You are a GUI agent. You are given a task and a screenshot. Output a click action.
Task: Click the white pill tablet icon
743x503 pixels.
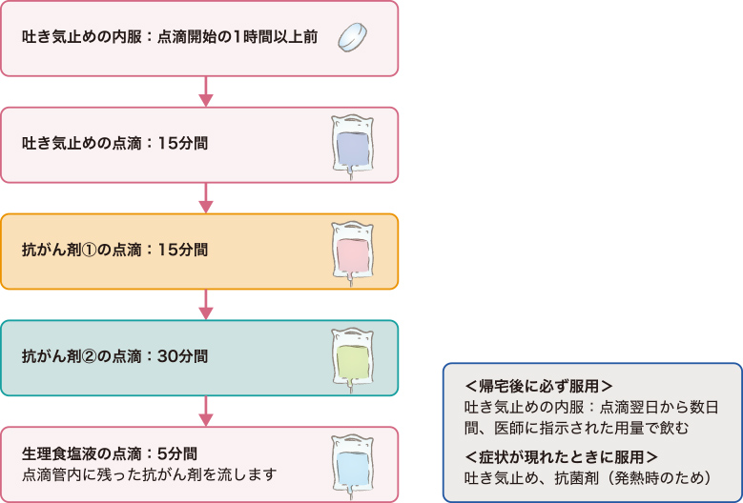pyautogui.click(x=353, y=38)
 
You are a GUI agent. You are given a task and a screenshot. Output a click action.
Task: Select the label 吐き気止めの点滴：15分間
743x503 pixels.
pyautogui.click(x=114, y=145)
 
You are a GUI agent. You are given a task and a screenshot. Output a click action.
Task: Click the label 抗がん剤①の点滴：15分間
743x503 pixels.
pyautogui.click(x=114, y=251)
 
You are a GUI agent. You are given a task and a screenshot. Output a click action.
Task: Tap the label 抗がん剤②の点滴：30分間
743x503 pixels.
pyautogui.click(x=114, y=357)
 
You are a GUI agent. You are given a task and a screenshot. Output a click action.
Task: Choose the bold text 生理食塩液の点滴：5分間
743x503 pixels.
pyautogui.click(x=109, y=453)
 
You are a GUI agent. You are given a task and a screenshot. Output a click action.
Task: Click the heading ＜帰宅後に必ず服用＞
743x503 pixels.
pyautogui.click(x=538, y=387)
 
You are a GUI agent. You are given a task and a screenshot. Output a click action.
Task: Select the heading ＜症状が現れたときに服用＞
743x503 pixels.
pyautogui.click(x=561, y=454)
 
